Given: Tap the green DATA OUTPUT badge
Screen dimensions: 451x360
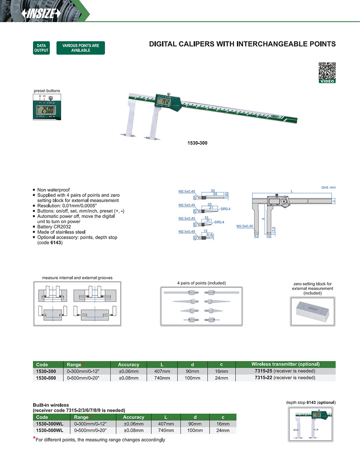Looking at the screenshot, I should (41, 48).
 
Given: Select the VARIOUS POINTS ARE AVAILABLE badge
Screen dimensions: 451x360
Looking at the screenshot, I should (80, 48).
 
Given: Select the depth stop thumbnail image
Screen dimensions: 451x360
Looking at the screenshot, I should (312, 423).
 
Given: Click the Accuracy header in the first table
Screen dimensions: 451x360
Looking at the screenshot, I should (128, 365).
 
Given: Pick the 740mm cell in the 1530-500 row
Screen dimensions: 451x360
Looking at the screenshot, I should (162, 377).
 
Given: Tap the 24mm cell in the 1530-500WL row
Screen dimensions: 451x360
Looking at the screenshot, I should (223, 431).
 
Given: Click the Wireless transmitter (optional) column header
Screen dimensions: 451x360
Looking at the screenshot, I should (285, 364).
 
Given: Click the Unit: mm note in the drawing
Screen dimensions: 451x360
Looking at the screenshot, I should (328, 188).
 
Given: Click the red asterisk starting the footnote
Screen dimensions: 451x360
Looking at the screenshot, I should (34, 439).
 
